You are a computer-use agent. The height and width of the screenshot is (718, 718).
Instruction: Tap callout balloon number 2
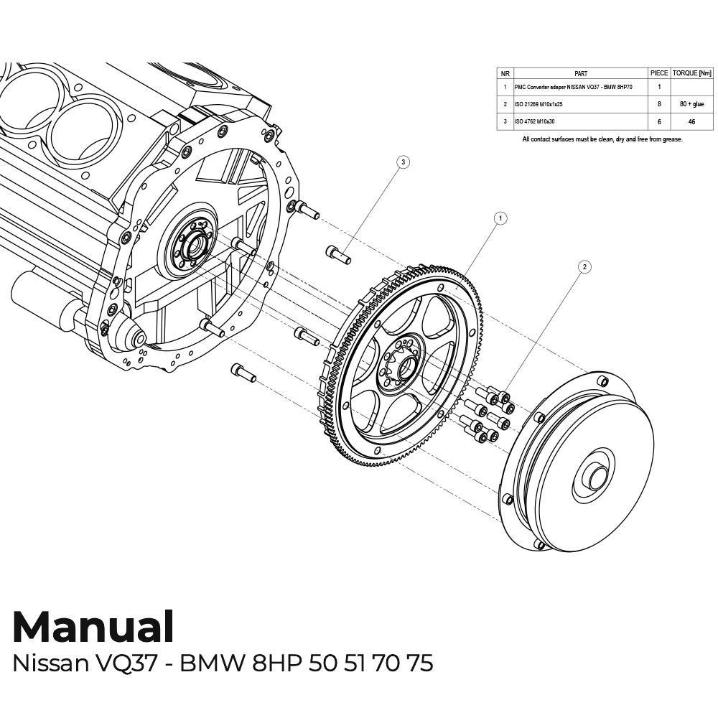(584, 266)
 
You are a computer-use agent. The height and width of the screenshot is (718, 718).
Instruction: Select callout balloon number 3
(404, 162)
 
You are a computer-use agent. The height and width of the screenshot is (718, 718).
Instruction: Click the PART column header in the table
(581, 73)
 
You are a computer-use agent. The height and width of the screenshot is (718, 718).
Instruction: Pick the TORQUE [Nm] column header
(692, 73)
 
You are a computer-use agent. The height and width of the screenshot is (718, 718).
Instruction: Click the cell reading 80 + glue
(692, 104)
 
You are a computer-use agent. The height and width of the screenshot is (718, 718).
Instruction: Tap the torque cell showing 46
(692, 123)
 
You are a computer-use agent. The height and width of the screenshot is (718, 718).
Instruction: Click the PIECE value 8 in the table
(659, 104)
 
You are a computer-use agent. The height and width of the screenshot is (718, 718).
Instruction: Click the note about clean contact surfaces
(602, 139)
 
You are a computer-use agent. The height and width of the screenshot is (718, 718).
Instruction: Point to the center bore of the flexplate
(405, 366)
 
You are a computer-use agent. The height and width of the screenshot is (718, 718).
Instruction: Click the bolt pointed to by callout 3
(339, 254)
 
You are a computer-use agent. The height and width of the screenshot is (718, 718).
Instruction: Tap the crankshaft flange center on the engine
(192, 248)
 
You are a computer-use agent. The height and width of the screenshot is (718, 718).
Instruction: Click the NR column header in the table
(505, 73)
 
